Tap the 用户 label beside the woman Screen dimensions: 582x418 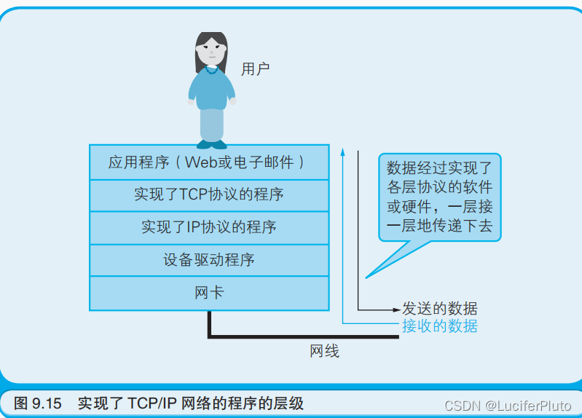point(255,69)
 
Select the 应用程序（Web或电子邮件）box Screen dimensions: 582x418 point(208,162)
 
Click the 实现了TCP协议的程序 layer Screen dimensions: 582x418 point(208,194)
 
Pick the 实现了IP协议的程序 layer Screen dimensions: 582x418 point(208,227)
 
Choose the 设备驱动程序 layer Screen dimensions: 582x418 point(208,259)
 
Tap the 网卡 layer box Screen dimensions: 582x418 point(208,292)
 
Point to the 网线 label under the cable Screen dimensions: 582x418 point(324,351)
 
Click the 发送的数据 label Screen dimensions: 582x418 point(439,308)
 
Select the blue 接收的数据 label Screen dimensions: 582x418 point(439,326)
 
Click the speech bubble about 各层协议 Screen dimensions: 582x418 point(439,196)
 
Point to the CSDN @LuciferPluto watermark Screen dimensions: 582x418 point(509,404)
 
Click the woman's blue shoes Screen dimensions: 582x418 point(211,143)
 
